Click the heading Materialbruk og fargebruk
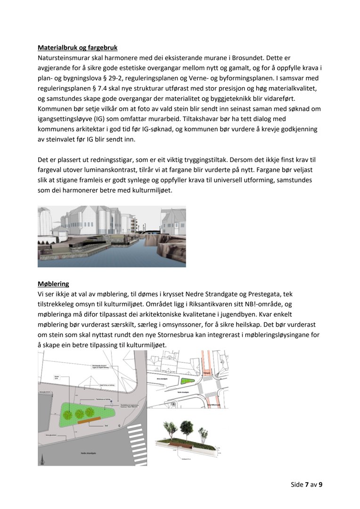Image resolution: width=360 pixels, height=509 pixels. [77, 48]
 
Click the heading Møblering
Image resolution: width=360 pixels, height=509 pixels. [53, 284]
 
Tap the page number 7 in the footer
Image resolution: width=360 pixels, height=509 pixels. [306, 484]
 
